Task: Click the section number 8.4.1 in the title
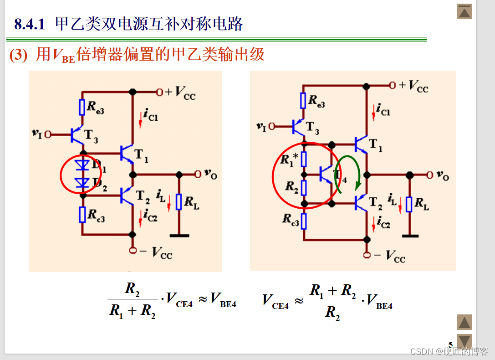click(29, 24)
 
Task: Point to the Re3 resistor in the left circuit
click(82, 107)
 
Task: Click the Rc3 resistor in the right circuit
click(304, 221)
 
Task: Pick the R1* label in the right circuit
click(289, 159)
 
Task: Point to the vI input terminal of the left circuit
click(47, 134)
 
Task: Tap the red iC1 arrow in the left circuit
click(141, 119)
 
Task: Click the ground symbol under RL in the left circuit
click(179, 235)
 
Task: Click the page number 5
click(450, 345)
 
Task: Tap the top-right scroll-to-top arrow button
click(464, 12)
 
